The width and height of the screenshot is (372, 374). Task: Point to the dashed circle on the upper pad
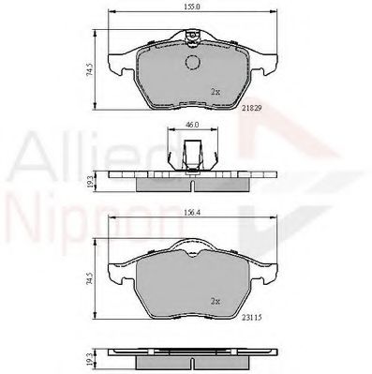[x=194, y=63]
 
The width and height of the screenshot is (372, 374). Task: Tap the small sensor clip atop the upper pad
[x=193, y=39]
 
